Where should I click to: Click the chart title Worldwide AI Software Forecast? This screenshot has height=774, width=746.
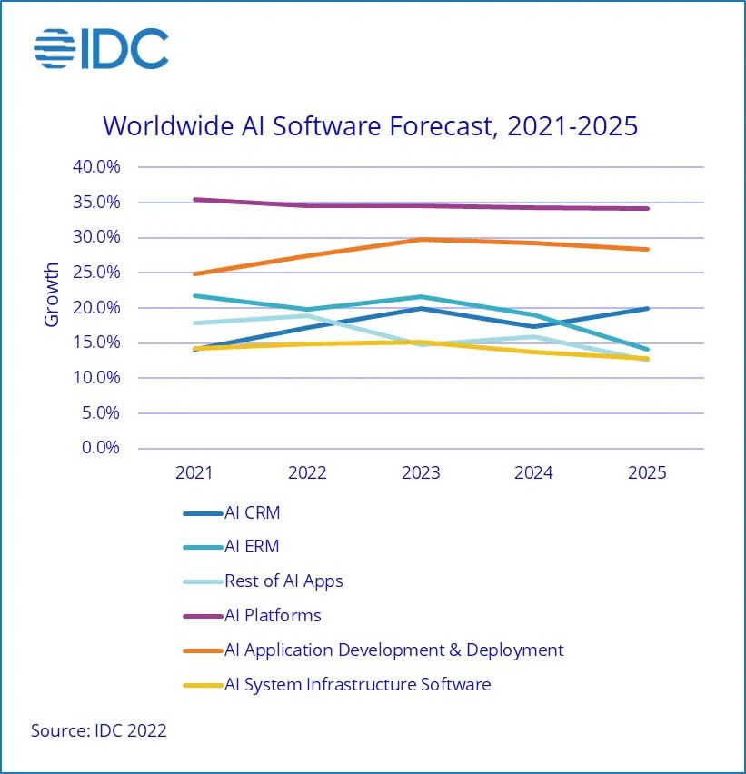(x=371, y=125)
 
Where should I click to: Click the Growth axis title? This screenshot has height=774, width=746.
(x=52, y=295)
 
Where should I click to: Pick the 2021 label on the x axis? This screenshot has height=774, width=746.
(x=194, y=473)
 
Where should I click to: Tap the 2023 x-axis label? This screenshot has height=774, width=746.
(x=421, y=473)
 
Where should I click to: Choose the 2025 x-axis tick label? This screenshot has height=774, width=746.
(x=647, y=473)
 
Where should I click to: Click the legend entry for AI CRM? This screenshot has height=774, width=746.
(x=252, y=512)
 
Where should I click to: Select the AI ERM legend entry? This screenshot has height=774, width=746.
(x=252, y=547)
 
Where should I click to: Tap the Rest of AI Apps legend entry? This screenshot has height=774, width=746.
(x=283, y=580)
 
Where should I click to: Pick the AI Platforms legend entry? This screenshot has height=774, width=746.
(x=273, y=615)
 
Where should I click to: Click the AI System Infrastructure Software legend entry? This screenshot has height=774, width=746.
(x=357, y=684)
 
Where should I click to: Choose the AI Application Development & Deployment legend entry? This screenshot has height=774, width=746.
(x=393, y=650)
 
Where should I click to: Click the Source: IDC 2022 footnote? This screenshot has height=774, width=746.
(x=99, y=730)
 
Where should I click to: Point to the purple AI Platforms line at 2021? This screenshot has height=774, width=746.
(x=194, y=199)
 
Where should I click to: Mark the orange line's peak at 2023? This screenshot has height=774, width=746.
(x=421, y=239)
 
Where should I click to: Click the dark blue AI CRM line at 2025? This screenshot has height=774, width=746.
(x=647, y=308)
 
